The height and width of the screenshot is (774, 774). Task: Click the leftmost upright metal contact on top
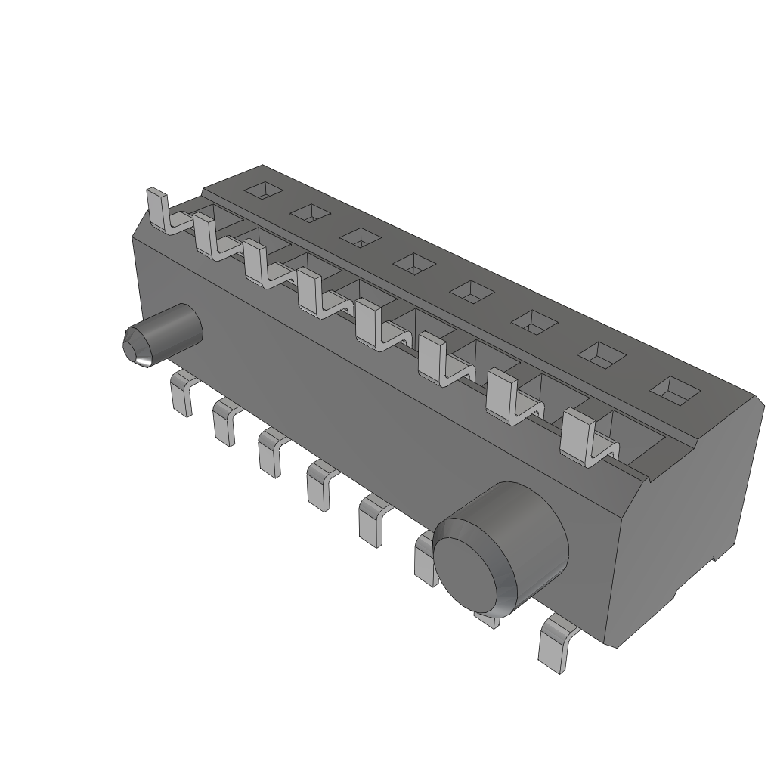(x=157, y=209)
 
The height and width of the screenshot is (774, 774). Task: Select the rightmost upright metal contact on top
(x=578, y=437)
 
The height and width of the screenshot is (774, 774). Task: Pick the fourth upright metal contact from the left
(x=310, y=292)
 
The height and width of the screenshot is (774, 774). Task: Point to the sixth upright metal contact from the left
(x=433, y=360)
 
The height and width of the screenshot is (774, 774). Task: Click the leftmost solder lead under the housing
(x=181, y=395)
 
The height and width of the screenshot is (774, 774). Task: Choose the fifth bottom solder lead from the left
(x=370, y=522)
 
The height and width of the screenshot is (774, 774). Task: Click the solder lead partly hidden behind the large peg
(x=425, y=559)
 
